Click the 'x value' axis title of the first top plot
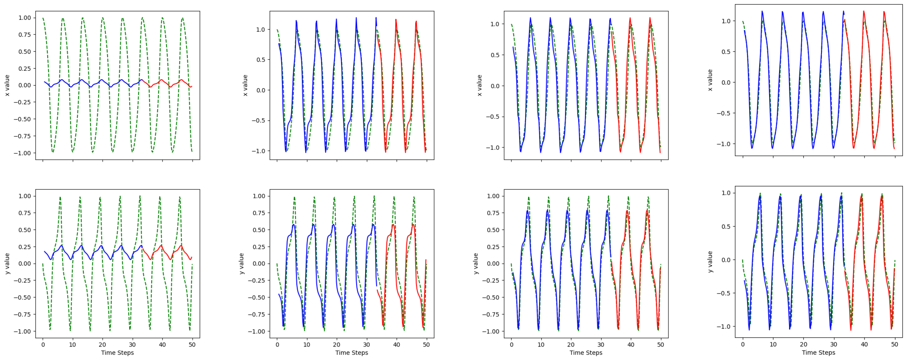click(7, 85)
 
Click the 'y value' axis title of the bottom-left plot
click(7, 263)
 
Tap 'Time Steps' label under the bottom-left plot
click(117, 353)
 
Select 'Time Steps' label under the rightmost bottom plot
click(818, 353)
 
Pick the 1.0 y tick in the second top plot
click(261, 29)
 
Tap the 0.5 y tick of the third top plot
click(495, 55)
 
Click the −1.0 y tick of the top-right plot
click(723, 144)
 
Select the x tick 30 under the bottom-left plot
click(132, 345)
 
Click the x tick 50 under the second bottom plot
click(426, 345)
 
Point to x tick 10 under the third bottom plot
click(541, 345)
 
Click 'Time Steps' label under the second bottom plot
click(351, 353)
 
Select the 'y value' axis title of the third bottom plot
click(476, 263)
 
